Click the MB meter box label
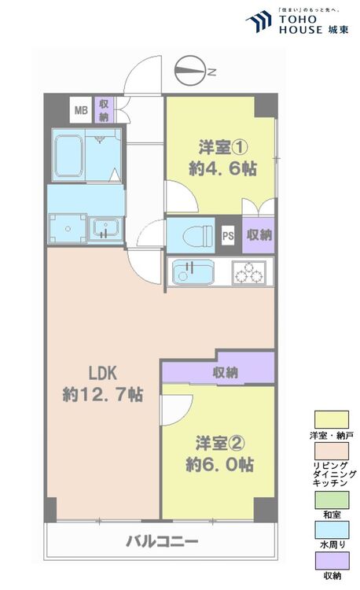point(81,110)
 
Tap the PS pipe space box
point(228,235)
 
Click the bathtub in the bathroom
point(68,156)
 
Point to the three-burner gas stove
point(249,272)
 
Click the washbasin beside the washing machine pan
point(105,228)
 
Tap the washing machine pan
point(68,229)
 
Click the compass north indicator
point(190,71)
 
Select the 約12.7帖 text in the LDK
point(103,395)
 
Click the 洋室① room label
point(223,147)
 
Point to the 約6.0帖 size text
point(220,464)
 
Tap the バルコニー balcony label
point(162,542)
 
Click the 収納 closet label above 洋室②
point(225,373)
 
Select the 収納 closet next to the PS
point(259,235)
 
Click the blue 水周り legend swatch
point(332,530)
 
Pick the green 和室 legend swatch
point(332,500)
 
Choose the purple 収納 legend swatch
point(332,561)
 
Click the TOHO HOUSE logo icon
point(259,21)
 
